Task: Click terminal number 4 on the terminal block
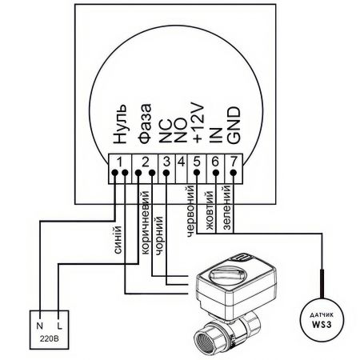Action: tap(182, 162)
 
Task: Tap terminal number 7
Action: tap(234, 162)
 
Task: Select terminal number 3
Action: tap(166, 162)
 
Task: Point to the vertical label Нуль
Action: tap(120, 124)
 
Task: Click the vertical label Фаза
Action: tap(145, 124)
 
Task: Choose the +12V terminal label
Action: tap(198, 124)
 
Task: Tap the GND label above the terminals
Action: tap(234, 126)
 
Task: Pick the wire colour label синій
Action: tap(118, 240)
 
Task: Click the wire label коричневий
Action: tap(146, 222)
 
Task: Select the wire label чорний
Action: tap(159, 235)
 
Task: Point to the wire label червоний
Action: tap(190, 211)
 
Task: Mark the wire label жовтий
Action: tap(210, 210)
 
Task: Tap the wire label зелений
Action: tap(226, 208)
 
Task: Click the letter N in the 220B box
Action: tap(40, 326)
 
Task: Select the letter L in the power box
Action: tap(59, 326)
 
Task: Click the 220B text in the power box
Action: tap(50, 339)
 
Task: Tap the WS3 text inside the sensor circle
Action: tap(322, 325)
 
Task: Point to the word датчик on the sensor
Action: tap(322, 315)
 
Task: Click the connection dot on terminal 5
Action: tap(197, 173)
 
